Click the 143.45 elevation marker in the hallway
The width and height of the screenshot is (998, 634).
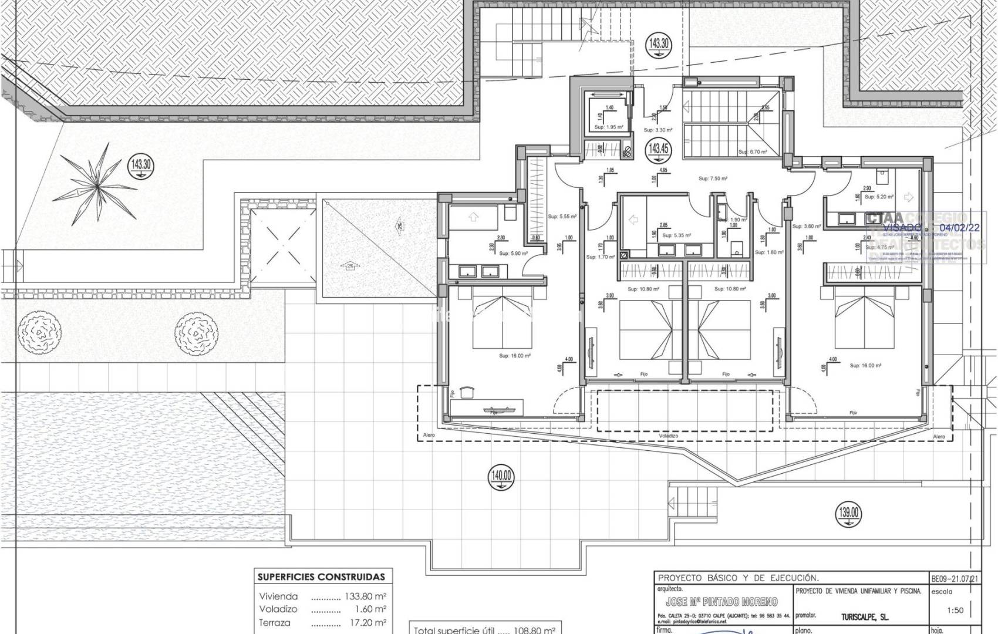point(658,149)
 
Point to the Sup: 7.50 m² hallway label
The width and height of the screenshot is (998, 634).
point(713,178)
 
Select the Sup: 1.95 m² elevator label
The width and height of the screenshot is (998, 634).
point(608,127)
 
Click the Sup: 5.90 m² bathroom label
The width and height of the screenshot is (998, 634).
point(513,254)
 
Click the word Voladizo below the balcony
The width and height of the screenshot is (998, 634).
point(669,436)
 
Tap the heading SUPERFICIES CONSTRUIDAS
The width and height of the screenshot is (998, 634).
point(321,577)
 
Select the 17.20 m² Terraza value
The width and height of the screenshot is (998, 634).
point(366,623)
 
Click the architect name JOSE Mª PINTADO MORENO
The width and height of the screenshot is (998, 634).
point(721,602)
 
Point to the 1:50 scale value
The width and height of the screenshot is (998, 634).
point(955,611)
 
